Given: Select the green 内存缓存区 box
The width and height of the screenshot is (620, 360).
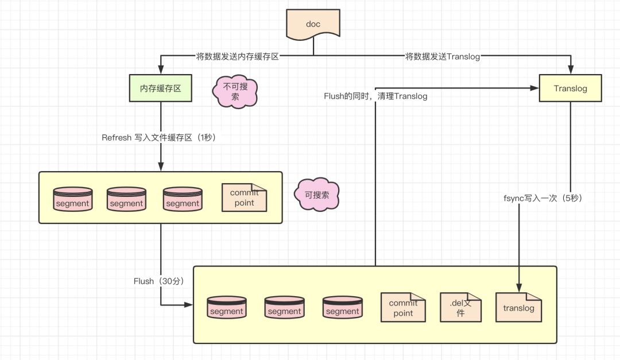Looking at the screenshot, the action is point(161,88).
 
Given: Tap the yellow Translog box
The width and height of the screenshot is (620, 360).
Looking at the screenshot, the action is point(570,88).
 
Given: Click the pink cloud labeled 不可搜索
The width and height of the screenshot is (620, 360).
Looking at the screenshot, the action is point(235,91).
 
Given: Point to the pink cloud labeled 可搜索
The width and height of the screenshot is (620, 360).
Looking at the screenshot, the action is point(317,195).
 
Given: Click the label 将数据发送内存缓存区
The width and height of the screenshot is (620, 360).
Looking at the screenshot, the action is point(238,57).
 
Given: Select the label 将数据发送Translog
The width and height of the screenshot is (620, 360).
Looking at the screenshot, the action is point(443,57).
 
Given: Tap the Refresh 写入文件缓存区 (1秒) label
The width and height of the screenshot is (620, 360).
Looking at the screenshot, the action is point(159,138).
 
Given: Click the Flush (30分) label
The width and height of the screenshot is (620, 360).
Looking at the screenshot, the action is point(159,281).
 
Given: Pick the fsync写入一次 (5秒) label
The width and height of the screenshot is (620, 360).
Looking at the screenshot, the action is point(543,198).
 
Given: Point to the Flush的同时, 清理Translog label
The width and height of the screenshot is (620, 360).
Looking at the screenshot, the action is point(375,96).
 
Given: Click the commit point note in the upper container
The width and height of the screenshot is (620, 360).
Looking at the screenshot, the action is point(245,198).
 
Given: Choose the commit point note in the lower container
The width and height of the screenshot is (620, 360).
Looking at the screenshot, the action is point(403,307).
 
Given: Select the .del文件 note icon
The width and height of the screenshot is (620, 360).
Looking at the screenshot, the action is point(460,307).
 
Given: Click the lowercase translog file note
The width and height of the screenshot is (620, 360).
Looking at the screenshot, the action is point(518,307).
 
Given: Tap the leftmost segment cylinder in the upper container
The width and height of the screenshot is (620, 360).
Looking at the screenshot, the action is point(73,199).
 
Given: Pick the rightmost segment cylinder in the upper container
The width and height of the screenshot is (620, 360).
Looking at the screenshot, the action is point(183,199).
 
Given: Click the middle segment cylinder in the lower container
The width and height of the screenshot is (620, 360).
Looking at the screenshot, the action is point(284,307).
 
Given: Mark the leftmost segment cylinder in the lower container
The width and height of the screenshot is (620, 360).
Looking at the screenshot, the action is point(227,307).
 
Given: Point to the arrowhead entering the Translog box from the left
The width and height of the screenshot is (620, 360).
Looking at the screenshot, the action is point(534,88).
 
